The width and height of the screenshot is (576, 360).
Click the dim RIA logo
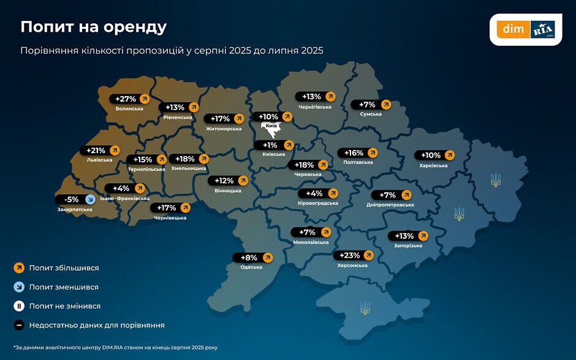pos(526,29)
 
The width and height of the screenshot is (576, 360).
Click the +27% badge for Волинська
pos(129,99)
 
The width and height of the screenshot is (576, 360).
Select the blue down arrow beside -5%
pos(89,199)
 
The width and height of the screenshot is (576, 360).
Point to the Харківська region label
pos(433,165)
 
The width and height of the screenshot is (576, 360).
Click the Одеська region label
pos(251,267)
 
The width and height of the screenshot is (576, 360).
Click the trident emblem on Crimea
pos(365,307)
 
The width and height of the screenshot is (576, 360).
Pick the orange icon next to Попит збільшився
pos(19,268)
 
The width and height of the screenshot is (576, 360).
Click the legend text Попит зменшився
pos(64,287)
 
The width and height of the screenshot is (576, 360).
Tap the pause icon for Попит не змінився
pos(19,306)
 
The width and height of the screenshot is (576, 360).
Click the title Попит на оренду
pos(93,27)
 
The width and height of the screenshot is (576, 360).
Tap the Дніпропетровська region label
pos(390,205)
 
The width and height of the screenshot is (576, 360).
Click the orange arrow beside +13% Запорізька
pos(422,236)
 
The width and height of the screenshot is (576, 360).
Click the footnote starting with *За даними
pos(115,347)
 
